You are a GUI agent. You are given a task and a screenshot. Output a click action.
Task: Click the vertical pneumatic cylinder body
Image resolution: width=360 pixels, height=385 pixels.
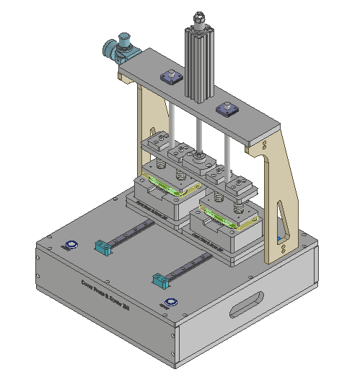click(199, 65)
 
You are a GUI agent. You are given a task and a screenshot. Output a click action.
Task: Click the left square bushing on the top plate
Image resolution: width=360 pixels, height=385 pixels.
click(172, 77)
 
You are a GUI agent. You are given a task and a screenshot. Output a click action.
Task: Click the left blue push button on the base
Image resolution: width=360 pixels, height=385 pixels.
click(72, 245)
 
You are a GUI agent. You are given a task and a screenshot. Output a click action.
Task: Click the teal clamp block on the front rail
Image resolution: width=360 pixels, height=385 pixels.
click(159, 278)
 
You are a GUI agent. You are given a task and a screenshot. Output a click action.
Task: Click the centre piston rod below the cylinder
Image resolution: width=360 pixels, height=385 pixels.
click(198, 130)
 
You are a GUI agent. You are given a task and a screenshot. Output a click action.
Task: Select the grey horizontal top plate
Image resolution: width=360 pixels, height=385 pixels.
click(245, 123)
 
